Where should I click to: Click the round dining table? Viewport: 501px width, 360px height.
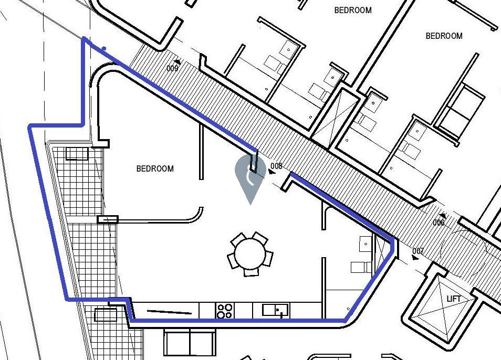250,254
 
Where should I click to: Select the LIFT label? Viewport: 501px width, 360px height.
453,299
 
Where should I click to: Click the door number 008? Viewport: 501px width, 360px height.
276,166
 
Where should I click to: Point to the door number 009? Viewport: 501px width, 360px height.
172,68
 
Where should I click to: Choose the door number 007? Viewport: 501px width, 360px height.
418,251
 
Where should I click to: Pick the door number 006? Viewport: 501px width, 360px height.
439,223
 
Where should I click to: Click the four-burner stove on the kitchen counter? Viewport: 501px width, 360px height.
225,311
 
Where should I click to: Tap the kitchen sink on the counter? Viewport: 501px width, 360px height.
276,310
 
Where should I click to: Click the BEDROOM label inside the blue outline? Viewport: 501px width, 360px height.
155,168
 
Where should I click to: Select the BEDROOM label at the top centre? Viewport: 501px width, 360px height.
353,10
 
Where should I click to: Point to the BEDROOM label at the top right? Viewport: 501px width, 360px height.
444,36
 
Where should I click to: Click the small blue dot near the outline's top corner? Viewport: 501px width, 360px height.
104,48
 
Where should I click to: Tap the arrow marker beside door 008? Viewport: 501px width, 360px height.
272,172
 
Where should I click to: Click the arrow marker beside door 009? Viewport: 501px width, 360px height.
177,61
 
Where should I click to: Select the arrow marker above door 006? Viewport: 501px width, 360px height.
443,216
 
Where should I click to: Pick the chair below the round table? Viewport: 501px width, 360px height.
251,272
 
